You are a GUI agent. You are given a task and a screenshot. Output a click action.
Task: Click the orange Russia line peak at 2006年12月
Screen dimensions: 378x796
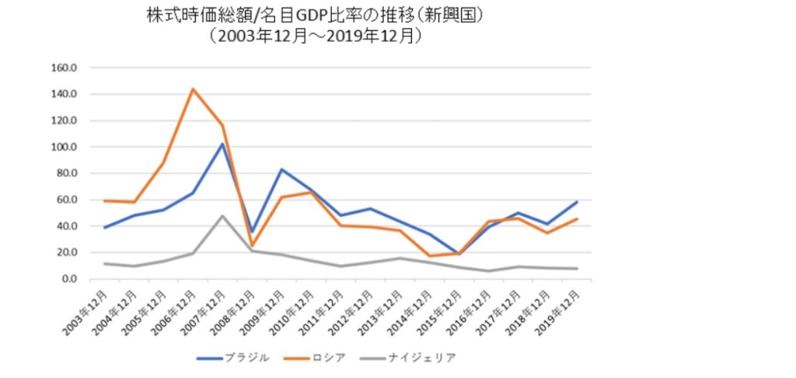[x=192, y=89]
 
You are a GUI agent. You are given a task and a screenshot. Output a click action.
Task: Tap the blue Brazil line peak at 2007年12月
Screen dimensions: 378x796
[x=222, y=144]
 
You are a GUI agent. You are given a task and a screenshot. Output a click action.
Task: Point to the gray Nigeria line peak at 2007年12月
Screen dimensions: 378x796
[x=222, y=215]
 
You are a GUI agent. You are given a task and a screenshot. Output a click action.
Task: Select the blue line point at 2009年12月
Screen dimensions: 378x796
[x=281, y=170]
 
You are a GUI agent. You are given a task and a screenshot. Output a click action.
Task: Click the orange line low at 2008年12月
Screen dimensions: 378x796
[x=252, y=246]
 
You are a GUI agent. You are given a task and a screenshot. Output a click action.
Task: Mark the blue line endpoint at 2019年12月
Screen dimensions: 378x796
[x=576, y=202]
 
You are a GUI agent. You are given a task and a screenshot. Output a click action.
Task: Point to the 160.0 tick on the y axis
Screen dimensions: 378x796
[x=65, y=68]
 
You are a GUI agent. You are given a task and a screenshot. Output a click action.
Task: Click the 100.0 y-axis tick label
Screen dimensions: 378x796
[x=65, y=147]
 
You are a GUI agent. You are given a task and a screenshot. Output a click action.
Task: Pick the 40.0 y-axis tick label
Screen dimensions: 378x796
[x=67, y=226]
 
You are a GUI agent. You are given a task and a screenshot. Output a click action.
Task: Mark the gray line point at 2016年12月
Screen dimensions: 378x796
[x=487, y=271]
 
